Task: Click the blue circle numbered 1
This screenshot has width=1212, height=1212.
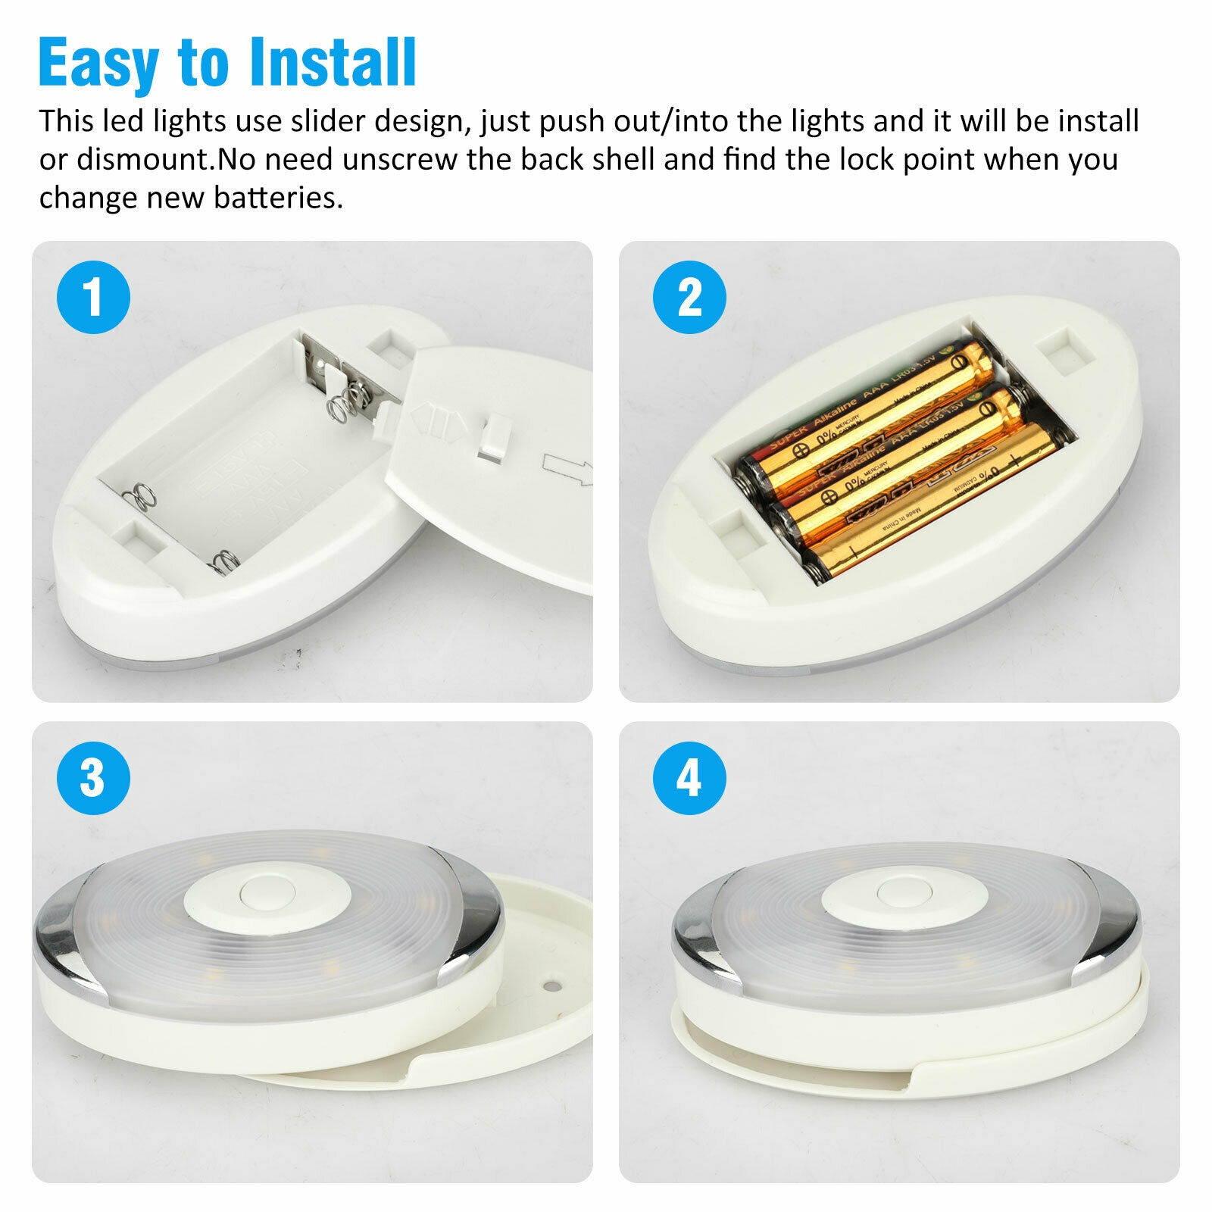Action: coord(94,298)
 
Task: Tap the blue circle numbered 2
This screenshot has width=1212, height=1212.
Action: coord(689,298)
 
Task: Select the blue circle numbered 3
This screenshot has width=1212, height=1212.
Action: coord(94,778)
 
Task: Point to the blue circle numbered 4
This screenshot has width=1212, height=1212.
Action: coord(689,778)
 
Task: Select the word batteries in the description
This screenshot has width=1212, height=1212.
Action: coord(279,198)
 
